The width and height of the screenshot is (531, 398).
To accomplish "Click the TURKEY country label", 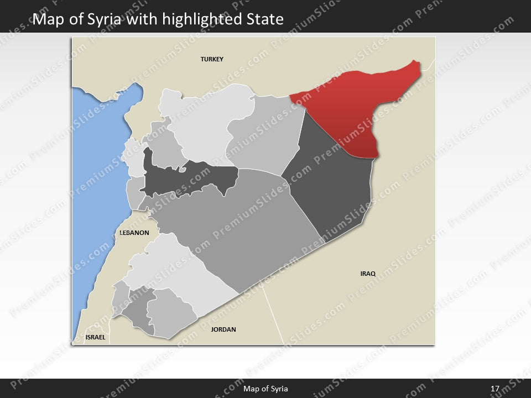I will click(x=212, y=59).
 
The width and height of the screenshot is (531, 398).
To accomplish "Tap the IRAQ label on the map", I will click(x=368, y=274).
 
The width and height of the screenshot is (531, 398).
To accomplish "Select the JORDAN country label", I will click(x=223, y=329).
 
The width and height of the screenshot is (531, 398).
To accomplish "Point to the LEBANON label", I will click(x=134, y=233).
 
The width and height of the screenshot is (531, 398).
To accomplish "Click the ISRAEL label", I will click(x=95, y=337).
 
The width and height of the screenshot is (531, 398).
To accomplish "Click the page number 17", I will click(x=494, y=389).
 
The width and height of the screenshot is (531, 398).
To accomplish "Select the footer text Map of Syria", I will click(x=265, y=389).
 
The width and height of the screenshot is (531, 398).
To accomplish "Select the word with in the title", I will click(x=140, y=20).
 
